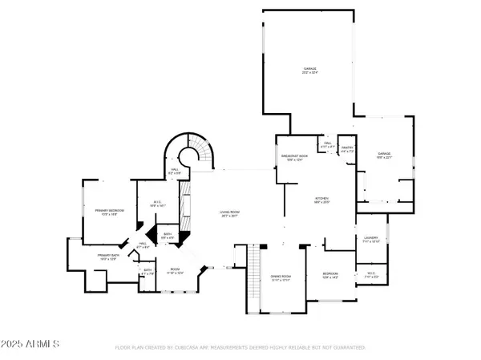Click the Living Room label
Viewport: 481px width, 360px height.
[x=231, y=214]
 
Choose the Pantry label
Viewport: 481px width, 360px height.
[x=347, y=149]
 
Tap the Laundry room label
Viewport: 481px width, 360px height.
[x=371, y=240]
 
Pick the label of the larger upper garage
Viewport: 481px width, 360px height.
[x=309, y=71]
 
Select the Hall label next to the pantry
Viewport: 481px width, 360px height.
[x=327, y=146]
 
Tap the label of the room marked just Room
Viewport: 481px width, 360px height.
[x=175, y=271]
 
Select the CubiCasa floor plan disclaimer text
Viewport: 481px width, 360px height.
[x=240, y=348]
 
